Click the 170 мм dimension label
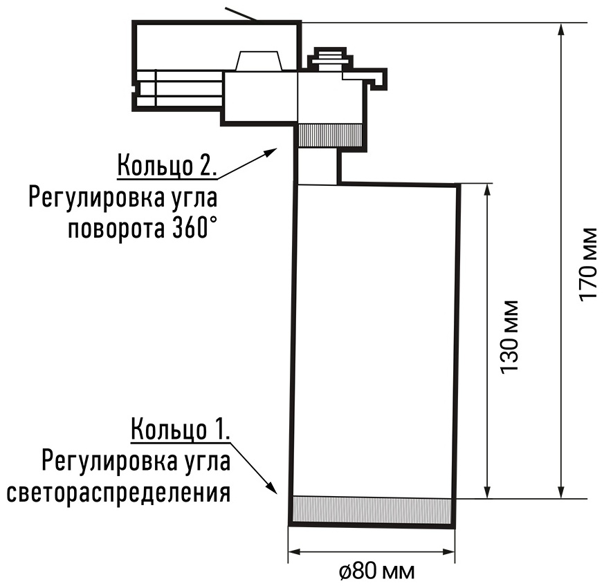(588, 265)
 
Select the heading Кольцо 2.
(167, 165)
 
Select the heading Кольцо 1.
(181, 428)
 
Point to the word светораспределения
(118, 492)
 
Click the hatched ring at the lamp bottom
(372, 510)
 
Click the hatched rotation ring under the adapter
(331, 136)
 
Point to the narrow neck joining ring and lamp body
(318, 167)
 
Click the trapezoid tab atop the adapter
(259, 61)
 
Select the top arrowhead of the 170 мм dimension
(561, 29)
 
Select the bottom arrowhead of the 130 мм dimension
(488, 492)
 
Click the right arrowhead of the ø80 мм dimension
(449, 552)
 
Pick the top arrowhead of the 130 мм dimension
(488, 190)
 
